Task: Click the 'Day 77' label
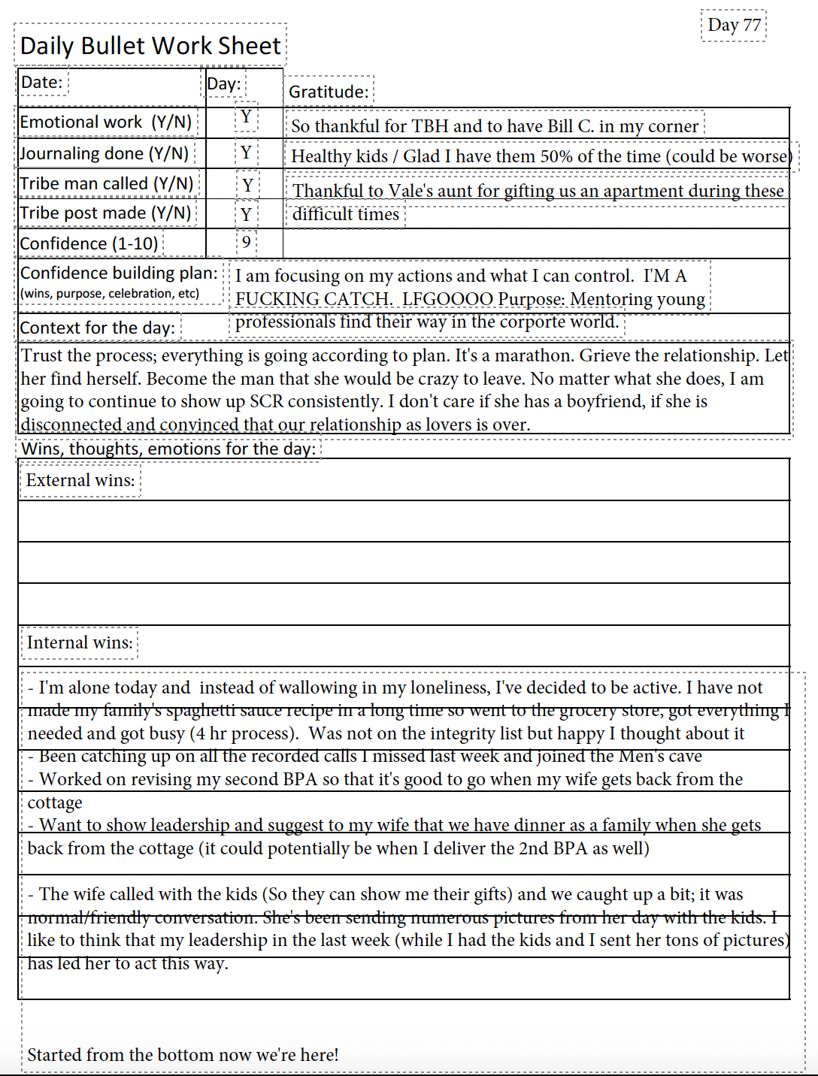pyautogui.click(x=734, y=26)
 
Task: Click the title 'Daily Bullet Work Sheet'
pyautogui.click(x=150, y=46)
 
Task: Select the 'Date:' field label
pyautogui.click(x=42, y=82)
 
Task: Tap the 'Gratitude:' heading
pyautogui.click(x=329, y=92)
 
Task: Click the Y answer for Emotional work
pyautogui.click(x=246, y=117)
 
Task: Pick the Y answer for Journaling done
pyautogui.click(x=246, y=153)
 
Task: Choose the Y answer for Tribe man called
pyautogui.click(x=247, y=185)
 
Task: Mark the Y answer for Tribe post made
pyautogui.click(x=246, y=216)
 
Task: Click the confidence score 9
pyautogui.click(x=246, y=243)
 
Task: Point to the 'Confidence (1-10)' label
pyautogui.click(x=89, y=243)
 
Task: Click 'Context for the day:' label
pyautogui.click(x=98, y=328)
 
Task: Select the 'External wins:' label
pyautogui.click(x=80, y=480)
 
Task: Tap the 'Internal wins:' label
pyautogui.click(x=80, y=642)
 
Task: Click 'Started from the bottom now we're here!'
pyautogui.click(x=183, y=1055)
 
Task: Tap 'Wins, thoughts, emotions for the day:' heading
pyautogui.click(x=168, y=449)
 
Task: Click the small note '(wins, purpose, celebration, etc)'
pyautogui.click(x=110, y=293)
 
